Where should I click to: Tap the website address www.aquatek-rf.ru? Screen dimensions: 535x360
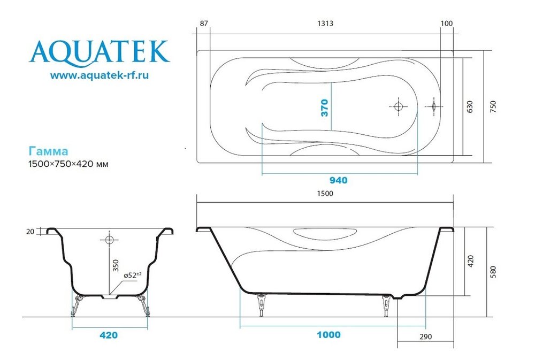point(100,75)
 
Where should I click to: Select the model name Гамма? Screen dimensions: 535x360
point(48,151)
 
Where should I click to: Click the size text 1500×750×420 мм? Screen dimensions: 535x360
point(68,164)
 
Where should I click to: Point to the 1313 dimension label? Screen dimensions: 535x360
point(325,24)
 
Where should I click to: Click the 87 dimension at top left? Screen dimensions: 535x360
point(204,24)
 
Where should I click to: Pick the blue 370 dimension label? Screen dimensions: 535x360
point(325,108)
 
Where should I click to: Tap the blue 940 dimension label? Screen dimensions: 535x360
point(338,180)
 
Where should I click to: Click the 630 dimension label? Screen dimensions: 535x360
point(470,107)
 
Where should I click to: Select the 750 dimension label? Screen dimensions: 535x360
point(493,107)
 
